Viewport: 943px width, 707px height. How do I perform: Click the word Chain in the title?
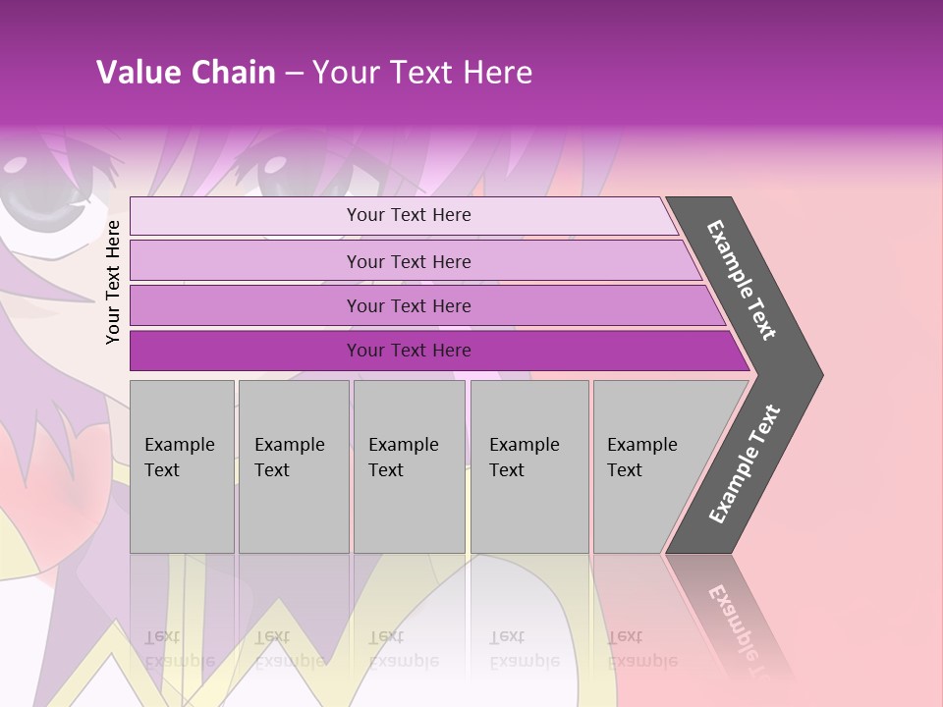(233, 73)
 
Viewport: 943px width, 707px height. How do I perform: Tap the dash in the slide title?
(294, 74)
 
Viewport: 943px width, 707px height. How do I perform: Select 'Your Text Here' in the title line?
(422, 73)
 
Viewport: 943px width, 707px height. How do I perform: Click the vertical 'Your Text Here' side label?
(113, 282)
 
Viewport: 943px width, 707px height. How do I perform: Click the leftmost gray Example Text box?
(182, 466)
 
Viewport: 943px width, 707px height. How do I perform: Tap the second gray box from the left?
(294, 466)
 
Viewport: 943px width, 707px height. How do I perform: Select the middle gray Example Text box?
(409, 466)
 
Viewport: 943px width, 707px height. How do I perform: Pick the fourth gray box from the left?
(529, 466)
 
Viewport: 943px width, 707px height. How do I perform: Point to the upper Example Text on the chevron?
(742, 280)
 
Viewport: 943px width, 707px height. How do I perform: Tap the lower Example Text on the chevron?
(745, 464)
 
